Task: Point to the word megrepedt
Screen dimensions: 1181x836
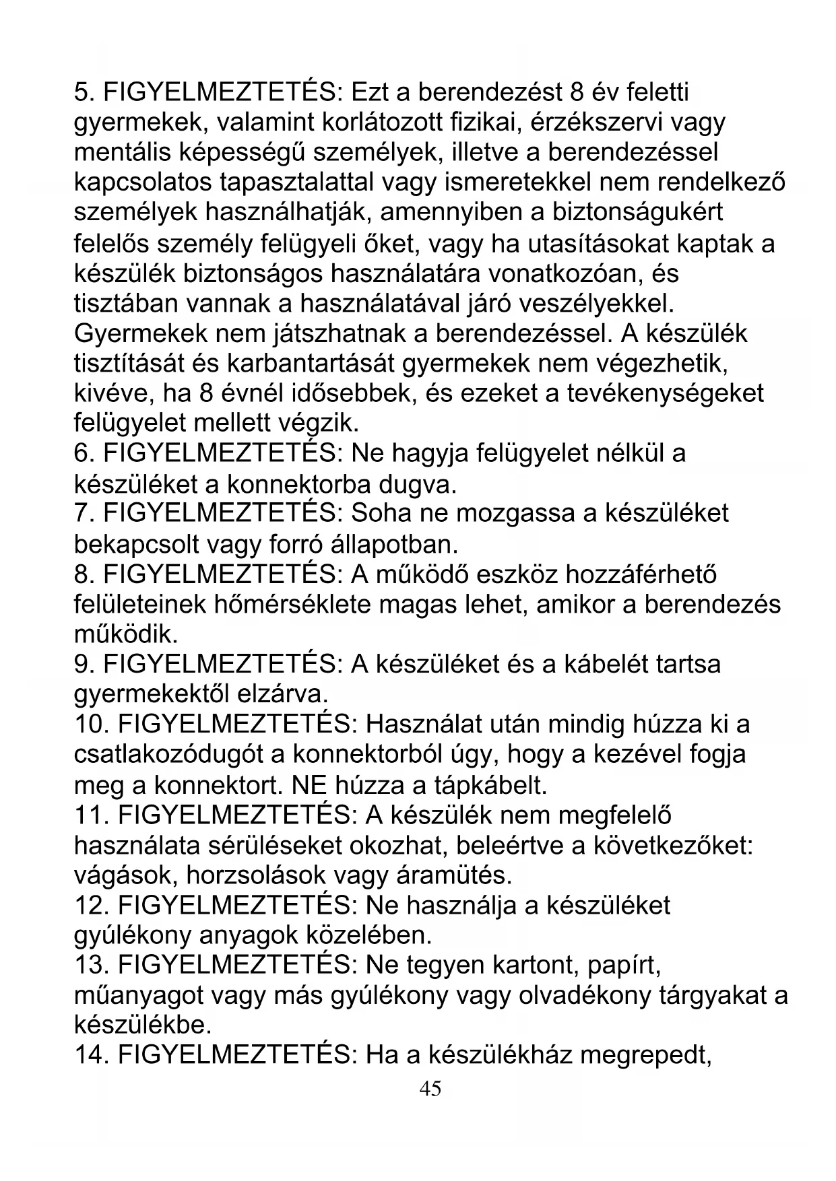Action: [646, 1056]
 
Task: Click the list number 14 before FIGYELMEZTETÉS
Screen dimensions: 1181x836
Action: [92, 1056]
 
